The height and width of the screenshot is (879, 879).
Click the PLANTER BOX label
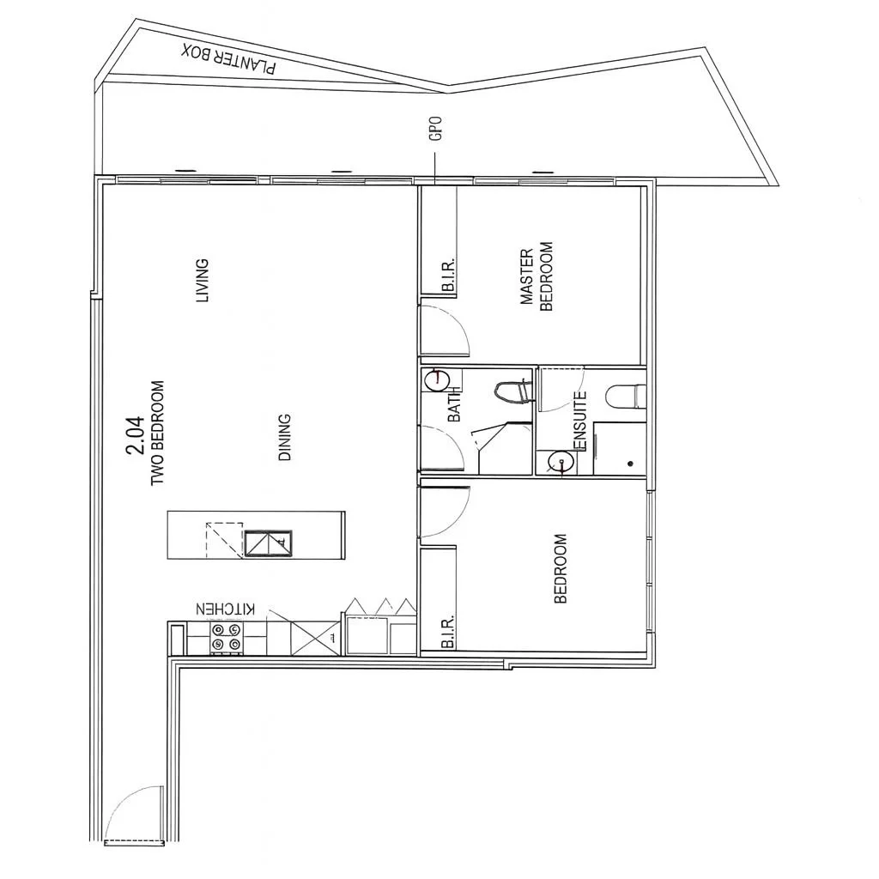(x=229, y=59)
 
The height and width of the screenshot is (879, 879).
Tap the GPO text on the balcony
(x=436, y=130)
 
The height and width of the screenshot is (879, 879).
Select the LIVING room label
(x=203, y=281)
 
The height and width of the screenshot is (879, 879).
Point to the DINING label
(x=285, y=438)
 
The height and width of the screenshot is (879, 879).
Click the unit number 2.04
(x=136, y=436)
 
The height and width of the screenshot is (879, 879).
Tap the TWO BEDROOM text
(x=157, y=433)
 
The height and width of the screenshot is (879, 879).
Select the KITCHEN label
(x=226, y=609)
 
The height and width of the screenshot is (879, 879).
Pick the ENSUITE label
(x=580, y=421)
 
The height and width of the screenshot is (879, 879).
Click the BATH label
(x=454, y=403)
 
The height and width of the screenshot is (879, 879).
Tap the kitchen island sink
(x=269, y=543)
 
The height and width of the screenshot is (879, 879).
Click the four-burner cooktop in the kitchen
(x=227, y=636)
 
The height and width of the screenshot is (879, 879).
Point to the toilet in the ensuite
(x=624, y=396)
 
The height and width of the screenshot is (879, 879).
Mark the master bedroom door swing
(x=446, y=330)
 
